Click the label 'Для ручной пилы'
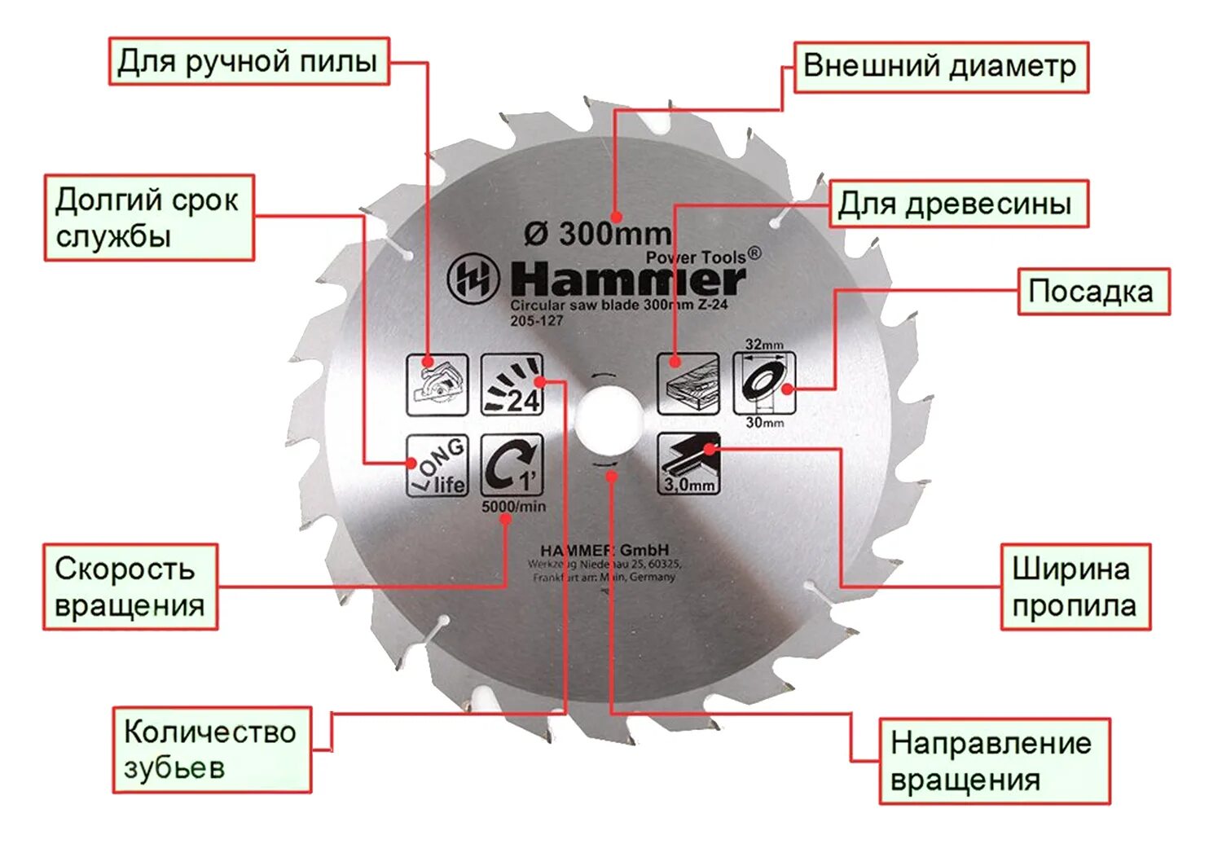248,61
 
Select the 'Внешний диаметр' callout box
940,67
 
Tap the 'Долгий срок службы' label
148,218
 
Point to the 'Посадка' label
1092,292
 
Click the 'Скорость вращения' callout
130,587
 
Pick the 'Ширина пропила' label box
1075,587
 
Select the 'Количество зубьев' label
211,749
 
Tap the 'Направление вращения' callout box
993,761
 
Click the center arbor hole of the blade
607,420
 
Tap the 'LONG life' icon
437,465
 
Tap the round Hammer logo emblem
473,279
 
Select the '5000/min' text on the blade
513,507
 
